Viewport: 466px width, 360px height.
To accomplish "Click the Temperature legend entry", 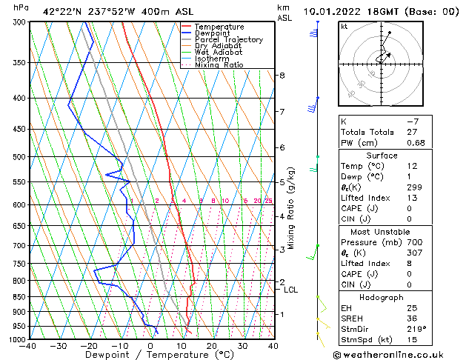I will pyautogui.click(x=219, y=27).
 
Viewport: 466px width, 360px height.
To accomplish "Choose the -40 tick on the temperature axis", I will pyautogui.click(x=29, y=346).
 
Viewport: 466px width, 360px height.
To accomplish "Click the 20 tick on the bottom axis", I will pyautogui.click(x=211, y=346).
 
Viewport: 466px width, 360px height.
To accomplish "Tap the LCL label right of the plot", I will pyautogui.click(x=290, y=290).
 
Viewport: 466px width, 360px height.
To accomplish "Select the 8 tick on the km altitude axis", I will pyautogui.click(x=282, y=76).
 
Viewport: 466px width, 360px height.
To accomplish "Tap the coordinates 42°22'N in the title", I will pyautogui.click(x=60, y=12).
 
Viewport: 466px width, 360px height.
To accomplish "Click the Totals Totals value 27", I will pyautogui.click(x=412, y=132).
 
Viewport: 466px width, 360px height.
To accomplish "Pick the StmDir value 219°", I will pyautogui.click(x=416, y=329).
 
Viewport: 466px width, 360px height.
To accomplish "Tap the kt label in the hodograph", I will pyautogui.click(x=344, y=26).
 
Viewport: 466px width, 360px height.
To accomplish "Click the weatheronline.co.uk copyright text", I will pyautogui.click(x=401, y=353).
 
